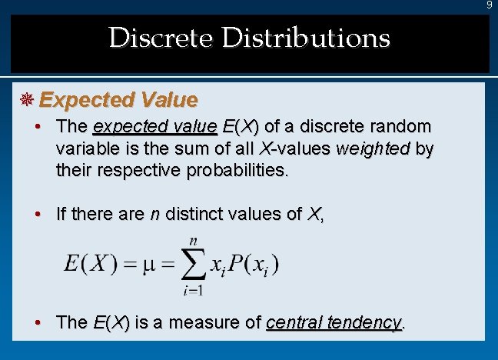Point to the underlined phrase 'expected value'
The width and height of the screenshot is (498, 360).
tap(154, 126)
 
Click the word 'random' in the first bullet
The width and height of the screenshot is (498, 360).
tap(405, 126)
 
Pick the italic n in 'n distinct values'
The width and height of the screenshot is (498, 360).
tap(154, 214)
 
